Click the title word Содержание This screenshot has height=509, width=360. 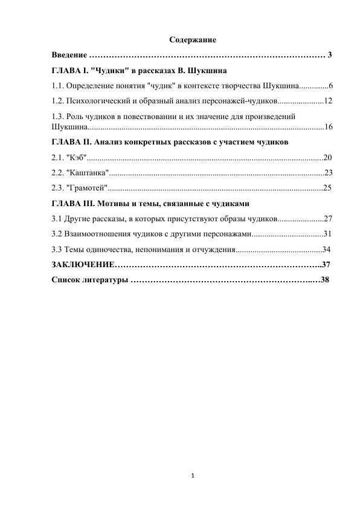pos(193,40)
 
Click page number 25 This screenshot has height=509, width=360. pos(327,187)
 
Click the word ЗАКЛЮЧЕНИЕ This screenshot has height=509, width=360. pos(83,264)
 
